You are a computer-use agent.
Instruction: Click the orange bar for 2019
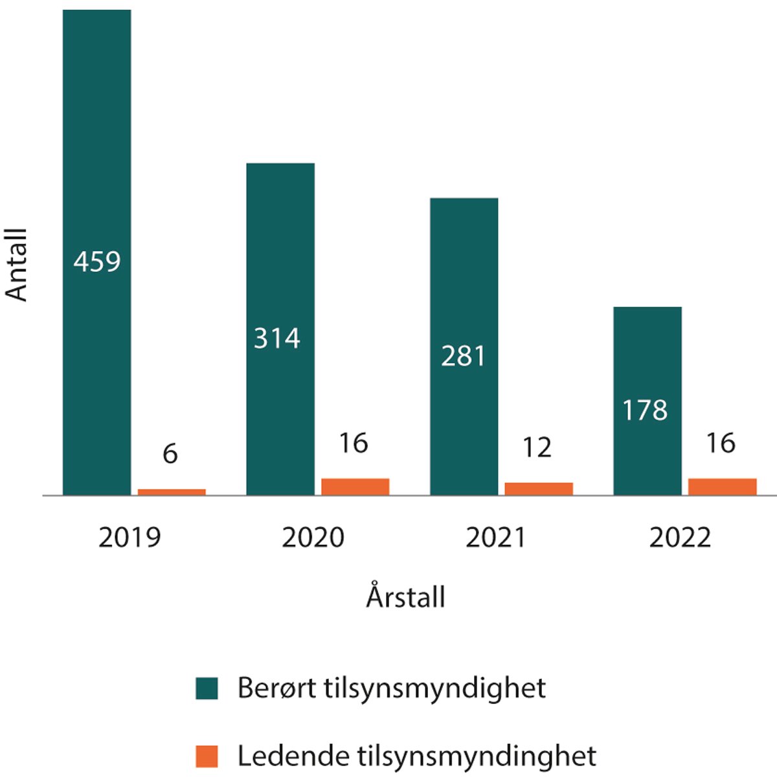pyautogui.click(x=172, y=492)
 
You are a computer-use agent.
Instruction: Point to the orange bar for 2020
pyautogui.click(x=355, y=487)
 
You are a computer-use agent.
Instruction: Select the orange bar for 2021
pyautogui.click(x=539, y=489)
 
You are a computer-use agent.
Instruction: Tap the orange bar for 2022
pyautogui.click(x=722, y=487)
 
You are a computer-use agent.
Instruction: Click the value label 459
pyautogui.click(x=97, y=262)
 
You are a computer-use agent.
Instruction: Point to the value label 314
pyautogui.click(x=277, y=338)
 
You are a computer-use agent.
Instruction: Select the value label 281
pyautogui.click(x=463, y=357)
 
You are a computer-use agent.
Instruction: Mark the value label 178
pyautogui.click(x=645, y=410)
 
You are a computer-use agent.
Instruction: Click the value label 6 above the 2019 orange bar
pyautogui.click(x=170, y=454)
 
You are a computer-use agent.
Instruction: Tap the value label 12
pyautogui.click(x=537, y=448)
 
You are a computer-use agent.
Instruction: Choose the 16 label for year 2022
pyautogui.click(x=721, y=443)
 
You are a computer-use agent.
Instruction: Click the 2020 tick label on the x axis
pyautogui.click(x=313, y=538)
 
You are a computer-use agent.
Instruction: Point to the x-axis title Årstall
pyautogui.click(x=406, y=597)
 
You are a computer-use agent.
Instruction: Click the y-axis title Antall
pyautogui.click(x=17, y=265)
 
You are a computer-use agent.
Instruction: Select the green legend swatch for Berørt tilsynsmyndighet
pyautogui.click(x=207, y=689)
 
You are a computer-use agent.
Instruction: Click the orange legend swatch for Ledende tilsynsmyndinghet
pyautogui.click(x=207, y=756)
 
